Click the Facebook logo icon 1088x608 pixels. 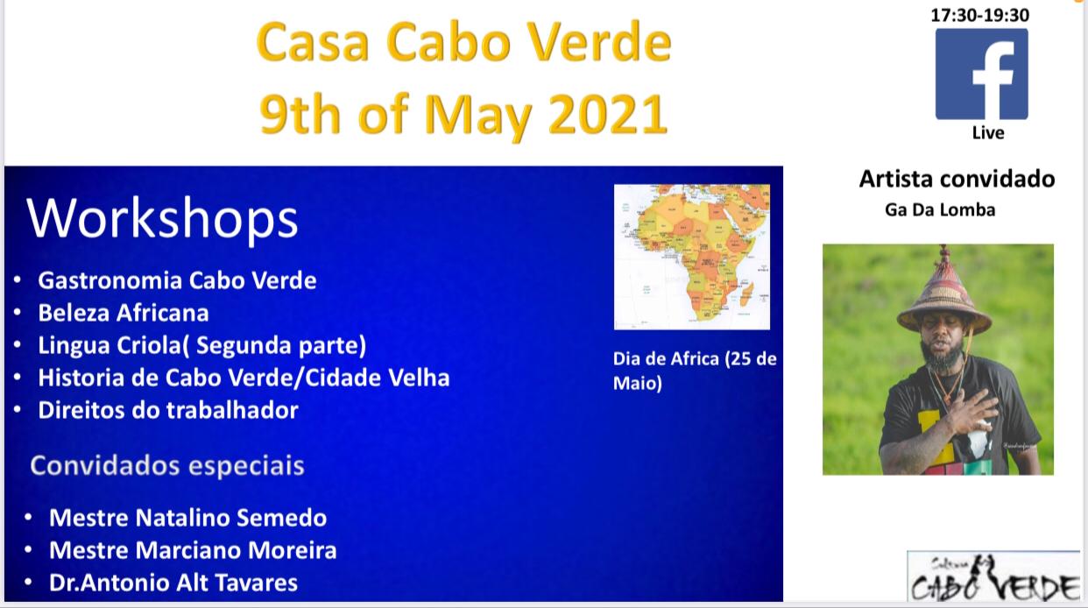coord(982,74)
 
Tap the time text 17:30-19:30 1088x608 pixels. coord(979,15)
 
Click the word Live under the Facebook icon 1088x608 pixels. coord(988,132)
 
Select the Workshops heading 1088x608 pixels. coord(162,218)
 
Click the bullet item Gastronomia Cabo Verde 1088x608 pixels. coord(177,280)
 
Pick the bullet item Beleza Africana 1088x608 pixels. coord(124,313)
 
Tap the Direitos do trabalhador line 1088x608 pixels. coord(168,410)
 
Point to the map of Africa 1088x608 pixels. coord(692,257)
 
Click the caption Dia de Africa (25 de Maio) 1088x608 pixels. coord(695,371)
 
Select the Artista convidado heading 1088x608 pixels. coord(957,179)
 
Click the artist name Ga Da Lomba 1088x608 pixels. coord(940,209)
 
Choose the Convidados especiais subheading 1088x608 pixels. coord(167,466)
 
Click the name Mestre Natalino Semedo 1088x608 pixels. coord(188,518)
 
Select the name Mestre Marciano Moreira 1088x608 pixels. coord(193,550)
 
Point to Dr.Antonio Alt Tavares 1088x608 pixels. coord(173,583)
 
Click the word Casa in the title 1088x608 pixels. coord(313,42)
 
